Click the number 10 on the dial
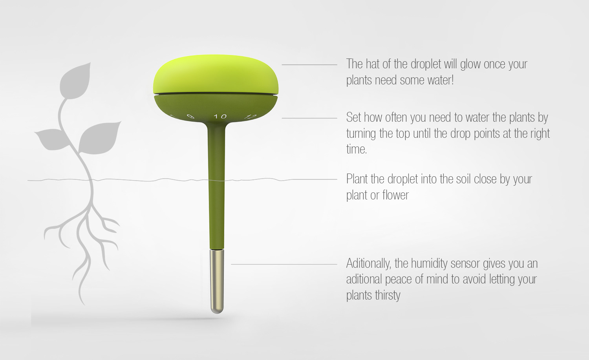220,116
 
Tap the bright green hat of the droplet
216,74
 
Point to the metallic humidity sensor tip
217,281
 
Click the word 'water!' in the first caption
441,80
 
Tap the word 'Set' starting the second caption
354,117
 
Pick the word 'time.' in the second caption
357,149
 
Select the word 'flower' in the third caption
395,195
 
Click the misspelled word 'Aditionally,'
368,263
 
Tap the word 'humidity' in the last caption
430,264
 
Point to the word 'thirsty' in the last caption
388,295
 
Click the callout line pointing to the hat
309,65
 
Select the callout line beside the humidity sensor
284,264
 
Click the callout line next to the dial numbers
309,118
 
